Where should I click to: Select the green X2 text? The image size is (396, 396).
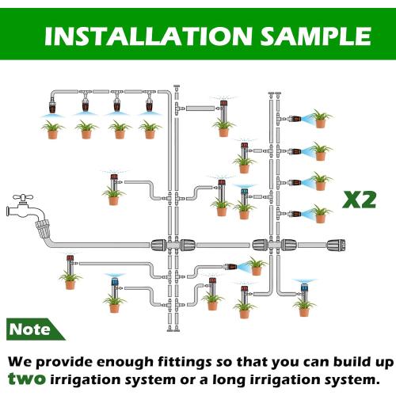click(x=358, y=199)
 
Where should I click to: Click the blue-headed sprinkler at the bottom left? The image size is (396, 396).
click(x=115, y=282)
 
